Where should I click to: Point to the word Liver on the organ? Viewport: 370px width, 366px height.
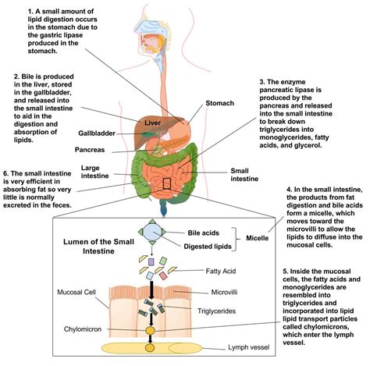pos(153,122)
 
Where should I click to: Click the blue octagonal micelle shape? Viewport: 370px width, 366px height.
pos(150,235)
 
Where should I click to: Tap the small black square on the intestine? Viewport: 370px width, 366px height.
pos(166,183)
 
